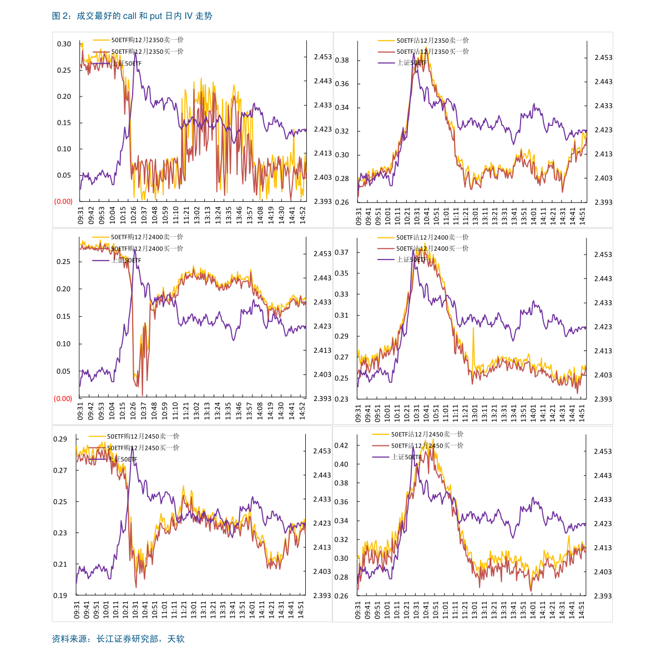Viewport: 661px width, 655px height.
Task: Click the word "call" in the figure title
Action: click(129, 16)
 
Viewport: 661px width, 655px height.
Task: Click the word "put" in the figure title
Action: click(155, 16)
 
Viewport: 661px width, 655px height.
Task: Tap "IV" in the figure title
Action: click(188, 16)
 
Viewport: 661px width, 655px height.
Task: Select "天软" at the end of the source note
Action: click(176, 639)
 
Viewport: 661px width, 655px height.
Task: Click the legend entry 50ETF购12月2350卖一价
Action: click(147, 40)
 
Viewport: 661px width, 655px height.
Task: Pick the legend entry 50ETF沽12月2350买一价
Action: click(432, 52)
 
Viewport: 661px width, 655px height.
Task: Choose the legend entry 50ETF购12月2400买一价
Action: click(147, 248)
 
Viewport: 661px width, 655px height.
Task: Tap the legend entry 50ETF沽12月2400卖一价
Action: click(432, 237)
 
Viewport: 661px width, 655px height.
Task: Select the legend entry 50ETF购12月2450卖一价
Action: click(143, 436)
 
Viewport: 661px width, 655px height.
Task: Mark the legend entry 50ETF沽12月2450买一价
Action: click(427, 445)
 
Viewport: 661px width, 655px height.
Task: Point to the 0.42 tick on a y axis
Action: click(341, 445)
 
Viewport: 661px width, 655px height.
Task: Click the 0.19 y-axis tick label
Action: click(60, 596)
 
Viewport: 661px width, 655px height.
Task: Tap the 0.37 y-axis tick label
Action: click(341, 252)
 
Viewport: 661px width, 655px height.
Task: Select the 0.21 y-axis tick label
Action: click(60, 565)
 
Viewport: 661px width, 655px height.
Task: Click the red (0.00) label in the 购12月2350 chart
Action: click(63, 201)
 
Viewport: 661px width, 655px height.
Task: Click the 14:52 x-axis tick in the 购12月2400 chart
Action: click(302, 410)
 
